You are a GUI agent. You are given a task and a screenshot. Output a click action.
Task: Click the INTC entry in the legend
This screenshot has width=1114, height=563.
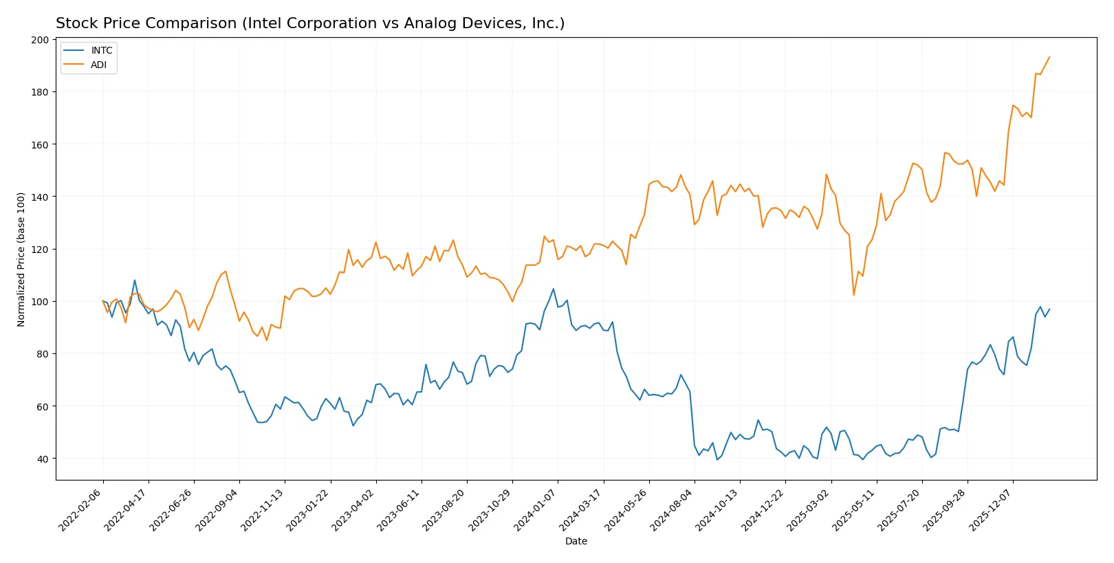tap(101, 51)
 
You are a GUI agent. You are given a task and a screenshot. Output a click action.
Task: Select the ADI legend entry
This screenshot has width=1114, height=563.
tap(98, 65)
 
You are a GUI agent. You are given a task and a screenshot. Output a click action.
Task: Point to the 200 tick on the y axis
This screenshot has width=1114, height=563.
tap(40, 40)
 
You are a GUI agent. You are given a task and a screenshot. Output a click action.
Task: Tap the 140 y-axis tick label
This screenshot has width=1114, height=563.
tap(40, 197)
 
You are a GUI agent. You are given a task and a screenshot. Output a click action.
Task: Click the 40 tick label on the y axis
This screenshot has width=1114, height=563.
tap(42, 459)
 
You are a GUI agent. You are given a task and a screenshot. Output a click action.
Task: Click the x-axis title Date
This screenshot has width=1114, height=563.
tap(576, 542)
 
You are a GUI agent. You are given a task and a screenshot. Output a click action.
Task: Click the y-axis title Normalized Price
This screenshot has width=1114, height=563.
tap(21, 259)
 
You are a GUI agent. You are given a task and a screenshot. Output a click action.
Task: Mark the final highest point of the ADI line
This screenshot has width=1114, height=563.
tap(1049, 57)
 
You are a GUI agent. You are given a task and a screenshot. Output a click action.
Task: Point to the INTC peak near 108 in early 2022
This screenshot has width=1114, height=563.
tap(135, 280)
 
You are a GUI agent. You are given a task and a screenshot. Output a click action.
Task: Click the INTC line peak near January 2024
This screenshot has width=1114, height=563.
tap(554, 289)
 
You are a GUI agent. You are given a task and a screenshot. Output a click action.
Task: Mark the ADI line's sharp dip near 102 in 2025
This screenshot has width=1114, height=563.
tap(853, 295)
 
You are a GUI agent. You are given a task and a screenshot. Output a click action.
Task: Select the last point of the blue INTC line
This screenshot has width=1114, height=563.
tap(1049, 309)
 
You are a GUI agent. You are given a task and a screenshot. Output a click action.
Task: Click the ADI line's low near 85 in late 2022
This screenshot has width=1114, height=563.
tap(267, 340)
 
